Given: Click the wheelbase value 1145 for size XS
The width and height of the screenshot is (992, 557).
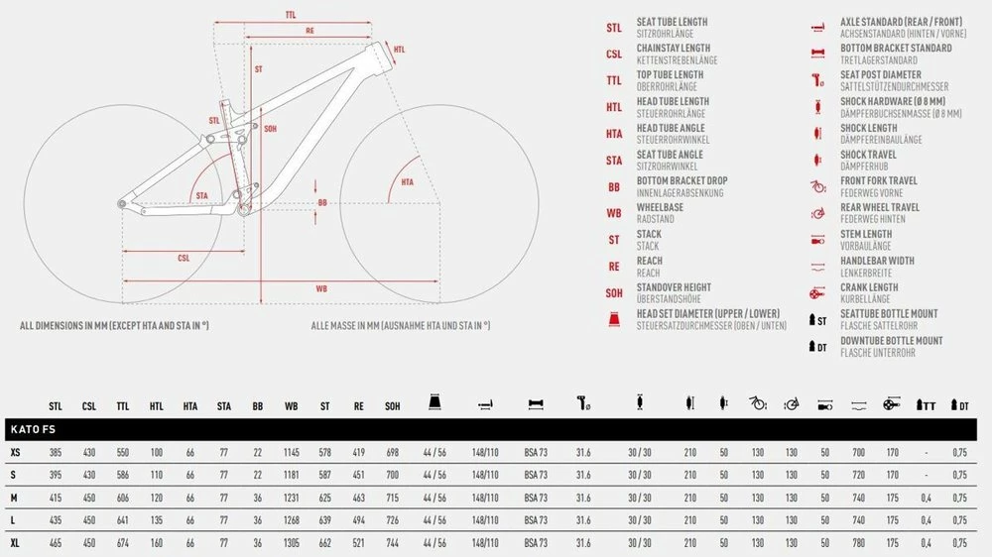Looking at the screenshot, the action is pyautogui.click(x=291, y=453).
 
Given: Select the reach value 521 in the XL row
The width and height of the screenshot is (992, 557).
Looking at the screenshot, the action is pyautogui.click(x=359, y=543).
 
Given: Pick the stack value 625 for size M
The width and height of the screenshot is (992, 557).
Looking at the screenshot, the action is pyautogui.click(x=325, y=499).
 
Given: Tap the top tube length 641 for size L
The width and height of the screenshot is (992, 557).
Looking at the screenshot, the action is pyautogui.click(x=123, y=520).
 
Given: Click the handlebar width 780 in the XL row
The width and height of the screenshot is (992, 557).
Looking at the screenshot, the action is pyautogui.click(x=858, y=543).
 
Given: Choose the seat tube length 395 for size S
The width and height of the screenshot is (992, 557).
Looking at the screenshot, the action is pyautogui.click(x=56, y=475).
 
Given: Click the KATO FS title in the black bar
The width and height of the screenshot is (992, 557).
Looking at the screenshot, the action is pyautogui.click(x=33, y=429).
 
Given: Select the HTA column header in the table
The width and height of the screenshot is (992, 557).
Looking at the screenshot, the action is pyautogui.click(x=189, y=406).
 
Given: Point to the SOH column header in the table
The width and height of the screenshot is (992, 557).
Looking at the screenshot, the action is pyautogui.click(x=392, y=406).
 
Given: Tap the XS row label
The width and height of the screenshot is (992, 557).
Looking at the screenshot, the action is pyautogui.click(x=15, y=453).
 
